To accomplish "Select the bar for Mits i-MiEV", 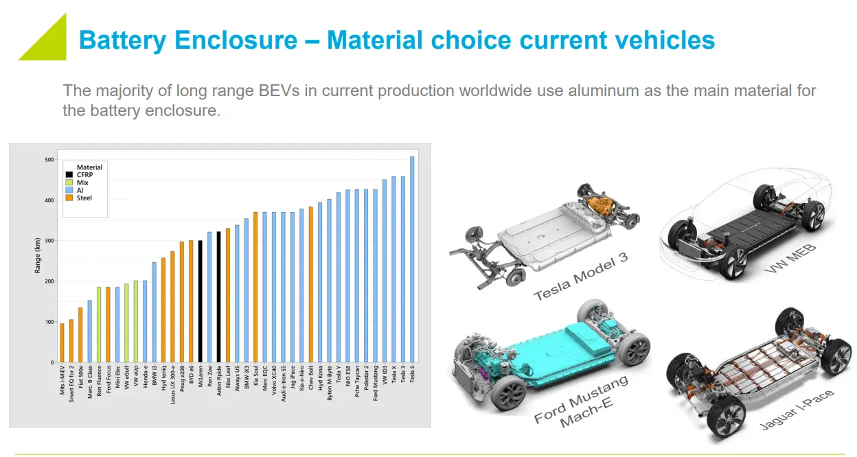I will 62,342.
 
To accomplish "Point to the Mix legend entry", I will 80,183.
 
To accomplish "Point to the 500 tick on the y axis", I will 49,160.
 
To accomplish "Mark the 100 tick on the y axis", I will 49,322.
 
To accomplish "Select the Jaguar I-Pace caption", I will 797,410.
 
